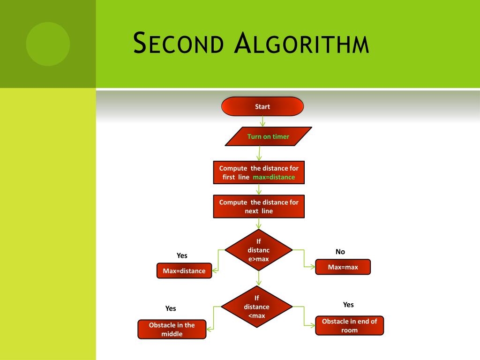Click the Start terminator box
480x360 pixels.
[x=262, y=106]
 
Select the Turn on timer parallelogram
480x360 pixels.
[x=268, y=136]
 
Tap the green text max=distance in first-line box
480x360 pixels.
[x=274, y=177]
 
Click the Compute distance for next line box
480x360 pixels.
[x=259, y=206]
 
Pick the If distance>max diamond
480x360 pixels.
[x=258, y=250]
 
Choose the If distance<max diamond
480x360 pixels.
[x=256, y=307]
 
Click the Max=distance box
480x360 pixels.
[x=184, y=271]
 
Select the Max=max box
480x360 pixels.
[x=343, y=267]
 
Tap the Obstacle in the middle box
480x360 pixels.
[x=172, y=329]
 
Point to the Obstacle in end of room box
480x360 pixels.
[x=349, y=325]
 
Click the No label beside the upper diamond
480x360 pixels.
[x=340, y=252]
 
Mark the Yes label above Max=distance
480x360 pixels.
[x=182, y=255]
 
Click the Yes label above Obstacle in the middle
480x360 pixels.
[x=171, y=308]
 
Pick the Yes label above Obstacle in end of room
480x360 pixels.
[x=348, y=305]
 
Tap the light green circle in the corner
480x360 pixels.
[x=48, y=44]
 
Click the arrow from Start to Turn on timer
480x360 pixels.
[x=262, y=121]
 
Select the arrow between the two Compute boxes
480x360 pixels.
[x=259, y=189]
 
